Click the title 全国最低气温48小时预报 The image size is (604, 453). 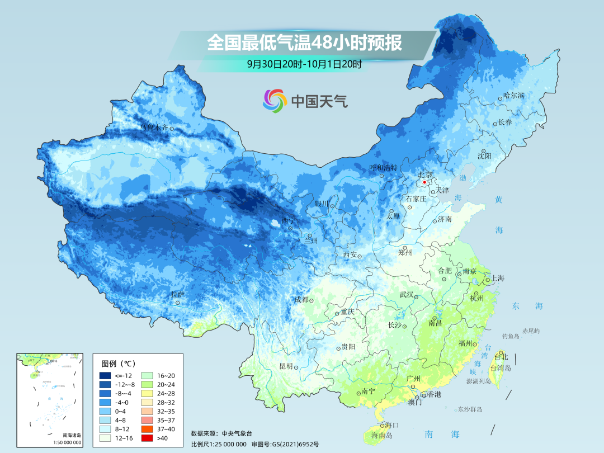[x=304, y=43]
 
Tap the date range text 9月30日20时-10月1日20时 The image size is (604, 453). [x=304, y=64]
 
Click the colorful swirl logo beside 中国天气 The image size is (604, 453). [x=275, y=101]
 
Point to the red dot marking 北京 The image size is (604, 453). [x=424, y=182]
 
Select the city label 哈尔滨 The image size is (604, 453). [x=513, y=96]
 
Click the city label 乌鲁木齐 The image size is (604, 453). [x=154, y=128]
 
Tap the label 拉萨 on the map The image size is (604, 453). [x=177, y=294]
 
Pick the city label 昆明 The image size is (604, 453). [x=286, y=366]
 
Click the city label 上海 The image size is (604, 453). [x=498, y=278]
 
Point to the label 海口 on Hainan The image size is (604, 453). [x=391, y=425]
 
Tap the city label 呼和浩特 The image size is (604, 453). [x=383, y=167]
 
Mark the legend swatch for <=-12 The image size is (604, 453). [x=105, y=375]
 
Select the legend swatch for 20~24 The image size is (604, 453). [x=148, y=384]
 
